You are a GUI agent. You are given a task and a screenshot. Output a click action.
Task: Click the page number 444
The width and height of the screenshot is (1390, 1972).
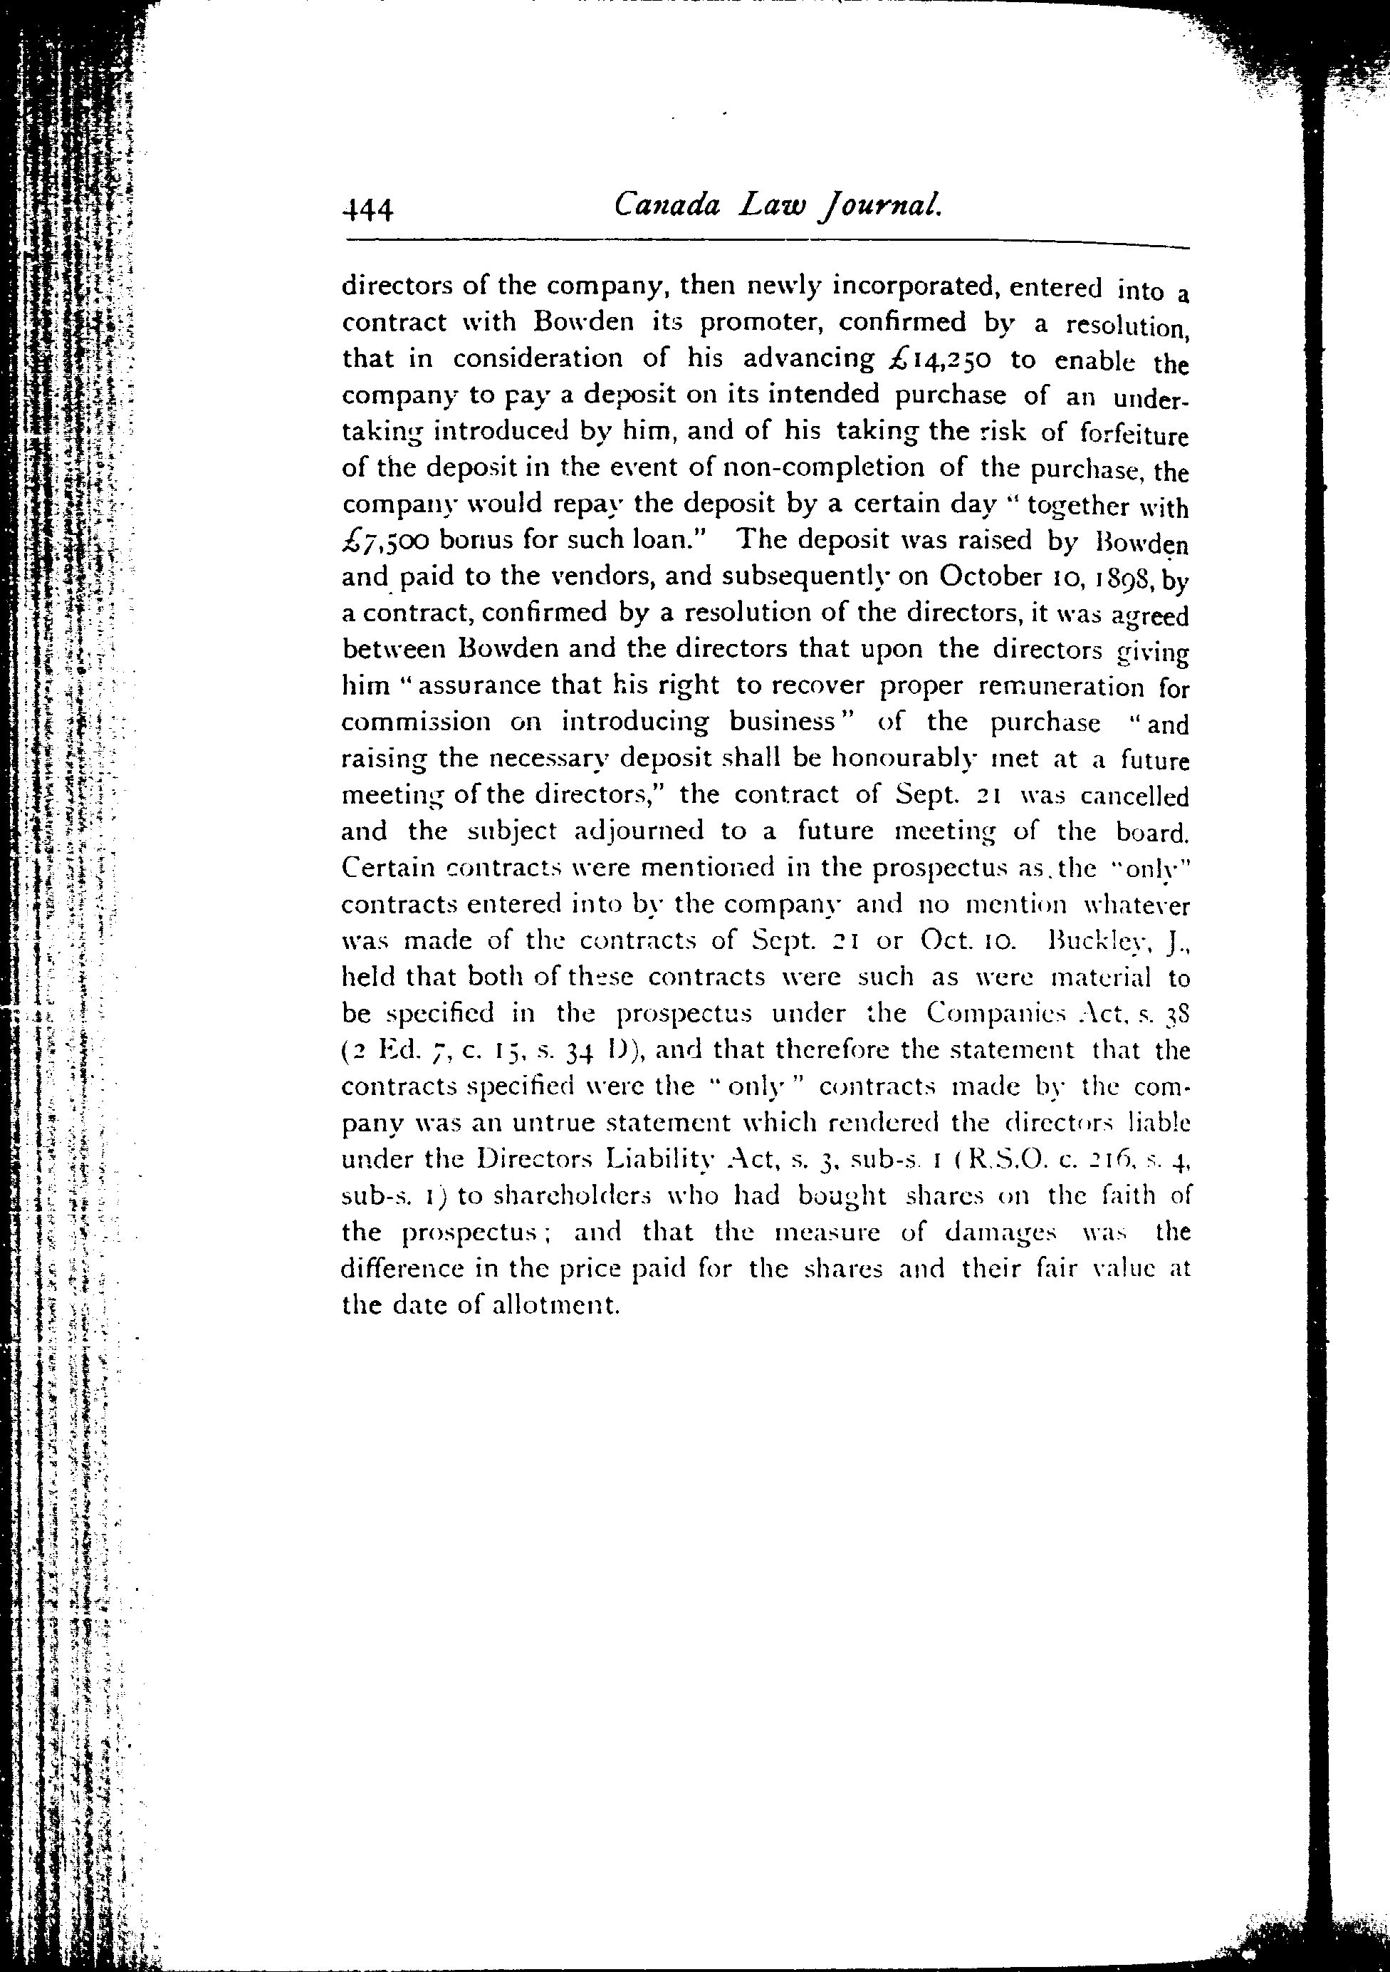click(x=367, y=209)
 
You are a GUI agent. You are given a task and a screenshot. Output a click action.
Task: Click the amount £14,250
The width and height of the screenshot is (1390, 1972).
click(x=934, y=359)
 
